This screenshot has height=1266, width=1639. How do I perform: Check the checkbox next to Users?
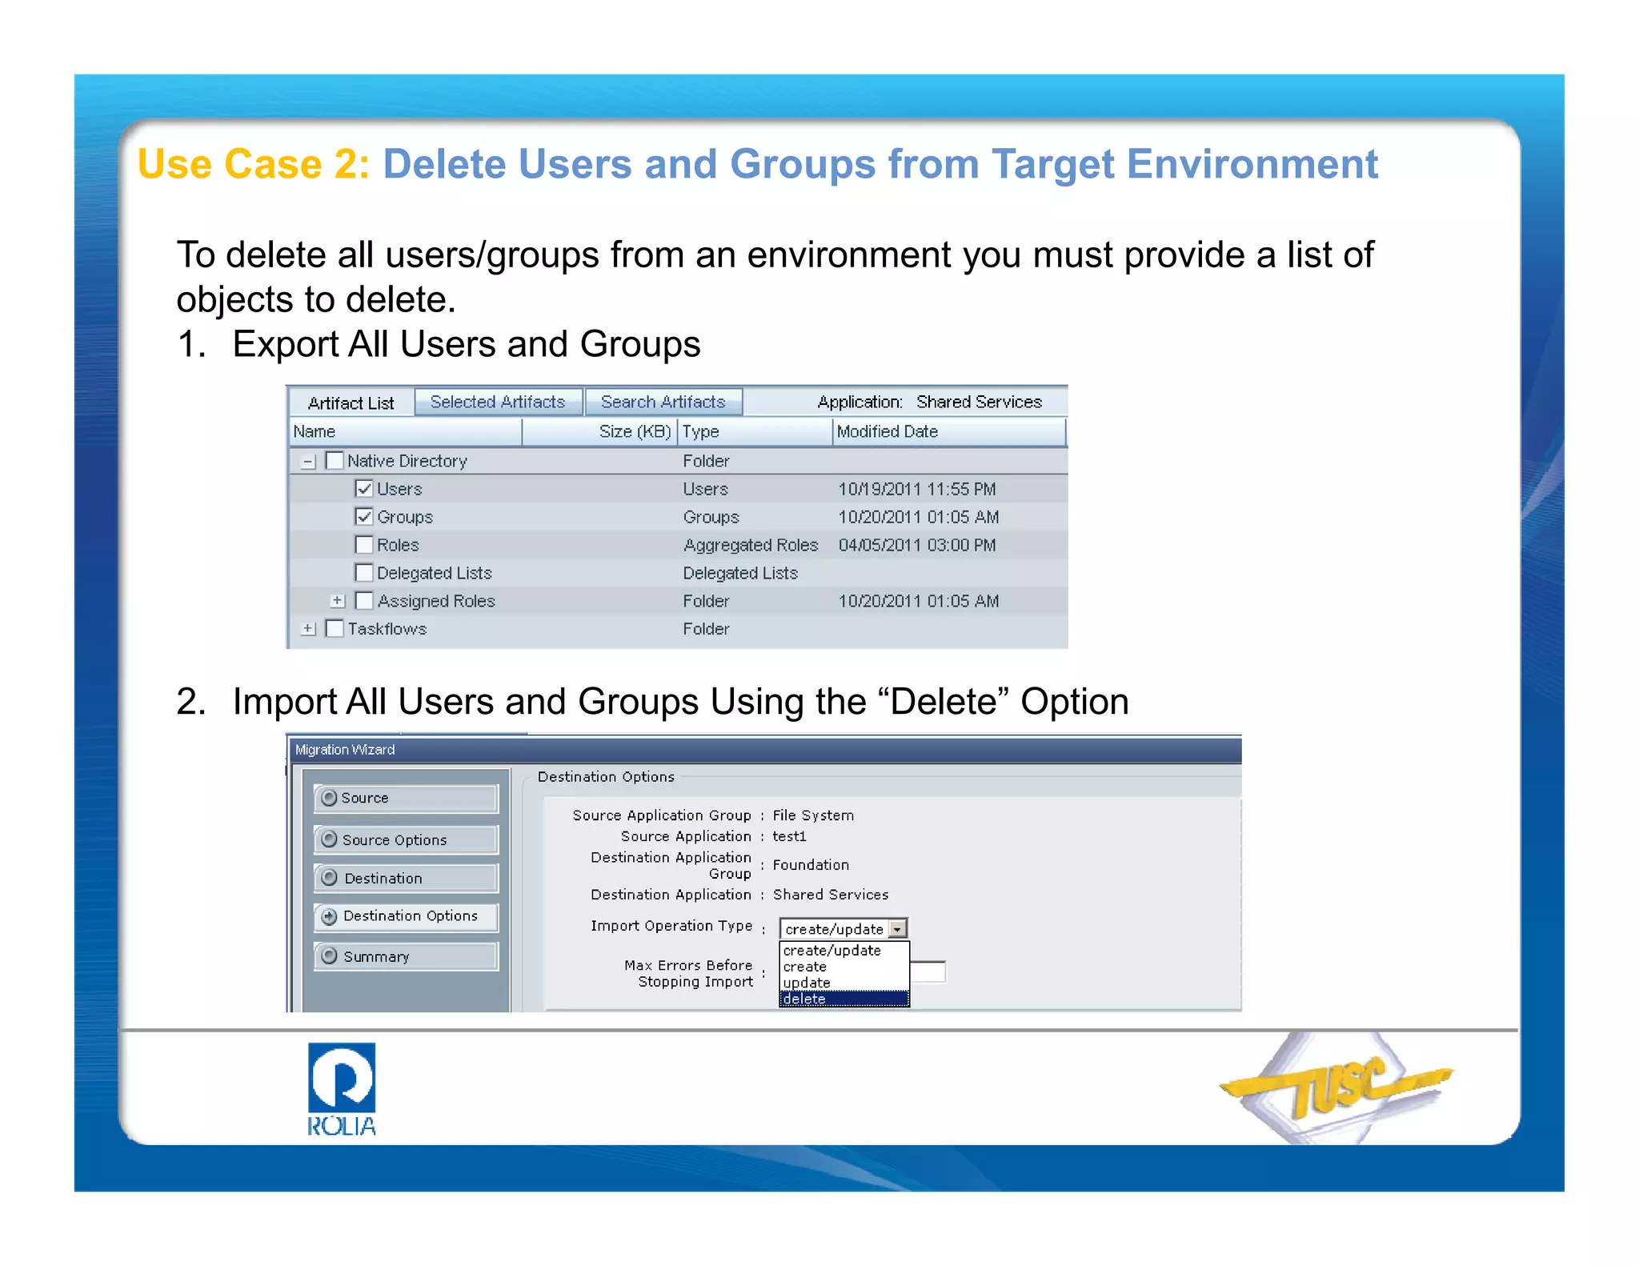pos(364,488)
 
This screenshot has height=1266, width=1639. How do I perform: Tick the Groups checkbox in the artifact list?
pos(364,516)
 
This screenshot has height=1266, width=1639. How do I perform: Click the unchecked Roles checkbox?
pos(364,545)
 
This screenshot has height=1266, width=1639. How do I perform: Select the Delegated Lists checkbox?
pos(364,573)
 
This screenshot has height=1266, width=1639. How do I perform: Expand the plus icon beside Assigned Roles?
pos(338,600)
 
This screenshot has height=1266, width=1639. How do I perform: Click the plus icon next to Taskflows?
pos(308,629)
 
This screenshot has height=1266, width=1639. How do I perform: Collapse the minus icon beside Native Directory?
pos(308,461)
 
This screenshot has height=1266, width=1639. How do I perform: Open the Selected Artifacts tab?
pos(498,402)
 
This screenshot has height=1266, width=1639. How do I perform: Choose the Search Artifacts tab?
pos(663,402)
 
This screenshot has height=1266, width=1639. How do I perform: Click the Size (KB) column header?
pos(635,431)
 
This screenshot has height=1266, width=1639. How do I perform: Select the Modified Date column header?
pos(887,431)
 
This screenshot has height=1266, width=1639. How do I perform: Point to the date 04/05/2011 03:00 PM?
pos(916,545)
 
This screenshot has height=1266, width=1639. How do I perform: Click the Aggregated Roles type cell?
pos(750,545)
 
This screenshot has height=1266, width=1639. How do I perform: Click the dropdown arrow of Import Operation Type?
pos(898,928)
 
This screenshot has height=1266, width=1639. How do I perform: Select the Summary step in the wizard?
pos(406,956)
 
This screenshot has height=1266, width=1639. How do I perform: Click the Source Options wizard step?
pos(406,839)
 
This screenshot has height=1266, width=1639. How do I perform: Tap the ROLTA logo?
pos(342,1088)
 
